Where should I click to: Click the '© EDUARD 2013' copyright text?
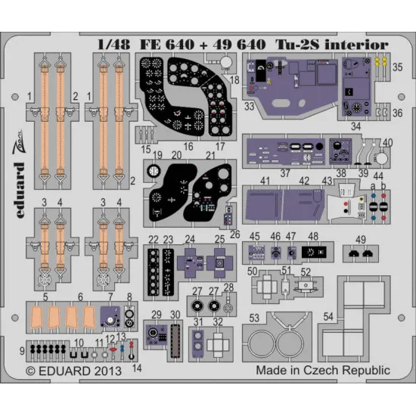[x=74, y=371]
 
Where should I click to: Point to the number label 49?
[x=362, y=241]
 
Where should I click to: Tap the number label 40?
[x=389, y=142]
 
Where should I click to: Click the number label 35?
[x=398, y=67]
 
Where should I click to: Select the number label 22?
[x=154, y=239]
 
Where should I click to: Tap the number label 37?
[x=285, y=173]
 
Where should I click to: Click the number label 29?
[x=156, y=315]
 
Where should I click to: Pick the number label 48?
[x=313, y=237]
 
